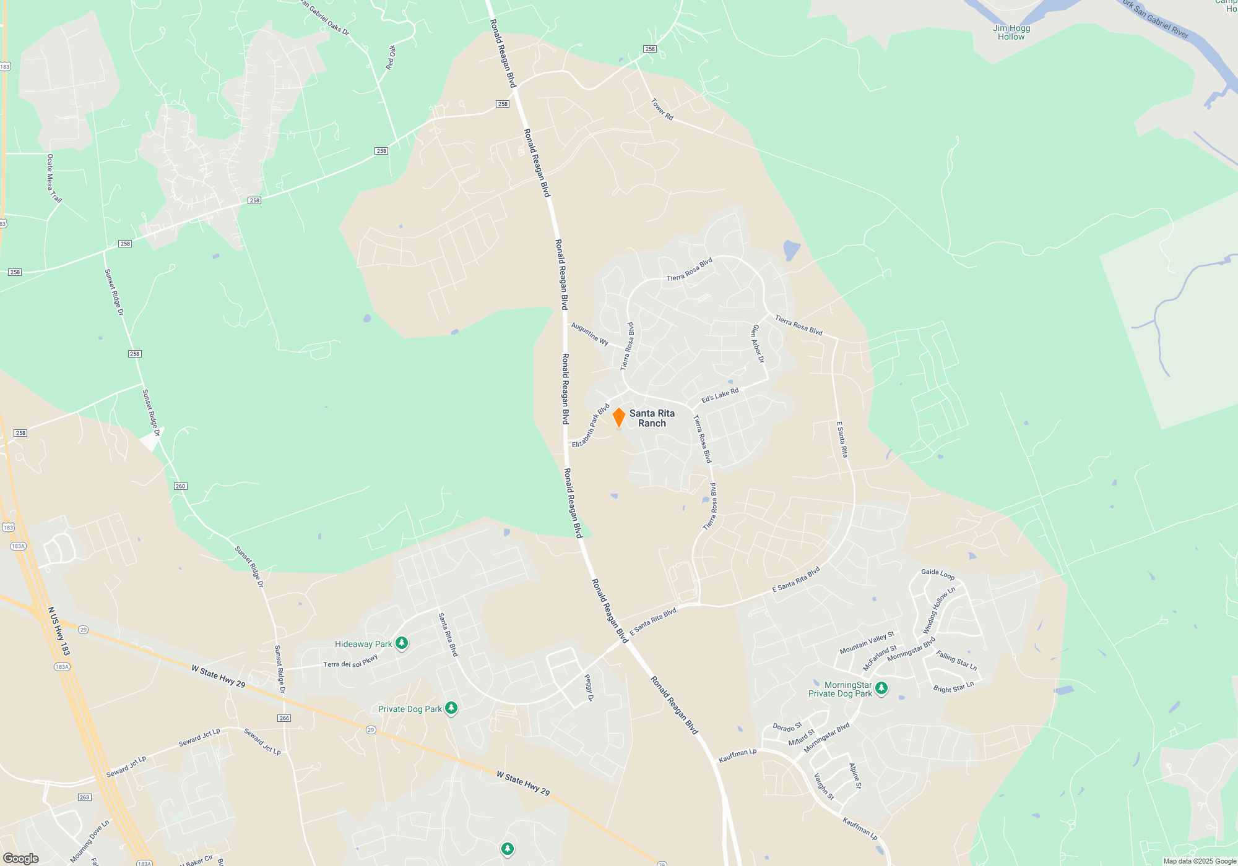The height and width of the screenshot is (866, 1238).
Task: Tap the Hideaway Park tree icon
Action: (x=402, y=644)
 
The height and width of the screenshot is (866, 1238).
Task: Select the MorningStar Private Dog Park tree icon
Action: (x=881, y=688)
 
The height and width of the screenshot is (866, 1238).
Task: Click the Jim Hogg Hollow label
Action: (x=1011, y=32)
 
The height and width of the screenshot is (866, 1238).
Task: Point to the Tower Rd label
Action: (x=662, y=109)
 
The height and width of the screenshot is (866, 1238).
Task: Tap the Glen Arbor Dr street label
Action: (x=758, y=344)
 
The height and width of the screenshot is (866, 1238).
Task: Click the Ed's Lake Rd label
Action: (x=720, y=395)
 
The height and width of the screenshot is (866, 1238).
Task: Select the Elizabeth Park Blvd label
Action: (x=591, y=426)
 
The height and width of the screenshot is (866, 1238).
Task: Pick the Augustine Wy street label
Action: (x=589, y=334)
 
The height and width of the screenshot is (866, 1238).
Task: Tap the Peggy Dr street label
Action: (x=589, y=688)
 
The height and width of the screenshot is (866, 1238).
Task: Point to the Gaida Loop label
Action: (x=938, y=574)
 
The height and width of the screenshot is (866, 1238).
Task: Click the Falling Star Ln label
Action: (x=956, y=661)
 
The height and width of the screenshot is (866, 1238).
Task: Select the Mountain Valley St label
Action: (x=867, y=643)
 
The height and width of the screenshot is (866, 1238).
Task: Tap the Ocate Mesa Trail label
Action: (x=54, y=179)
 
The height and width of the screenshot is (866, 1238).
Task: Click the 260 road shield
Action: (x=180, y=486)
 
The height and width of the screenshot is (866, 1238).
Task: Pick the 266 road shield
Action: (x=284, y=718)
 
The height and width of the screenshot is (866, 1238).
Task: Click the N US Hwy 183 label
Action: (x=59, y=631)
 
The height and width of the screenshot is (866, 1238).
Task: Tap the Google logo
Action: (x=21, y=858)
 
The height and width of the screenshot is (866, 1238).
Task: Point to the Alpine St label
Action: (x=855, y=776)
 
